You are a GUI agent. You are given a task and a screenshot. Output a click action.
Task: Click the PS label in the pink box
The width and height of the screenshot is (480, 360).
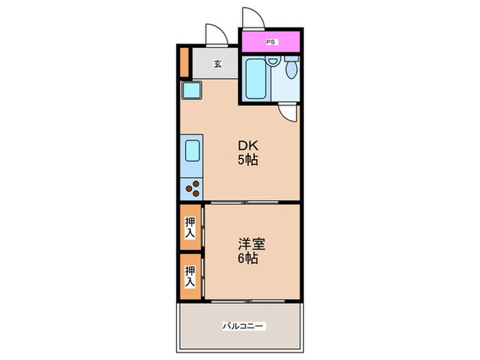pos(270,40)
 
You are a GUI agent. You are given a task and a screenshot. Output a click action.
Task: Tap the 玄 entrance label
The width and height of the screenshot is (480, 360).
pos(217,64)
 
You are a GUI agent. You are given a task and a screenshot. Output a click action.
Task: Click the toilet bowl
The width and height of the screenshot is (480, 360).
pos(291,68)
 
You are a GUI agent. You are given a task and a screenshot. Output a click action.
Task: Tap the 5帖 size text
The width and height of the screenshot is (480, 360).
pos(248,161)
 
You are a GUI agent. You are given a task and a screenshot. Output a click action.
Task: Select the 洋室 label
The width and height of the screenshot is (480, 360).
pos(251,244)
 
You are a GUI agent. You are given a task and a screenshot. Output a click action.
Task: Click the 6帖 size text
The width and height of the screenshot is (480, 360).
pos(248,260)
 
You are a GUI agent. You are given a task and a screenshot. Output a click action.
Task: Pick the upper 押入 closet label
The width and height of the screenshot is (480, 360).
pos(190,228)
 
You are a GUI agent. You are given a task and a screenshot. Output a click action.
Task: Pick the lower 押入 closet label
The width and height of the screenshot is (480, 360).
pos(190,275)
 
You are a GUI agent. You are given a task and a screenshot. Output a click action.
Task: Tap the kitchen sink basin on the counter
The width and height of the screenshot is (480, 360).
pos(191,149)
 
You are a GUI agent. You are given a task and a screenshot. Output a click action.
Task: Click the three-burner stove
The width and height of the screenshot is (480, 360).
pos(191,186)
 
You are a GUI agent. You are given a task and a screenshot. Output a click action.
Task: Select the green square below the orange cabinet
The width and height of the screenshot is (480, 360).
pos(190,89)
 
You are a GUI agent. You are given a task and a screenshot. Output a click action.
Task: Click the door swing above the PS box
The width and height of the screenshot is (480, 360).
pos(249,19)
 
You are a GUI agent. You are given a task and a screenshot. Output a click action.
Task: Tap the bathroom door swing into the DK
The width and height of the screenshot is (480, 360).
pos(289,112)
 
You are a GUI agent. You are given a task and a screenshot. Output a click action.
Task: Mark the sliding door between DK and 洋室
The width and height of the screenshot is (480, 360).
pos(250,202)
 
